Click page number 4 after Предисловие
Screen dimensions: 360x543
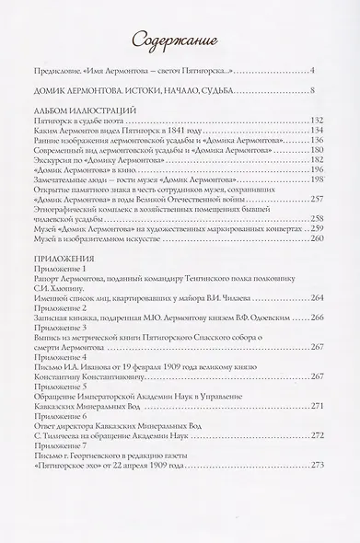tap(313, 71)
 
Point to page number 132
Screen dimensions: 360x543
tap(310, 121)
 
